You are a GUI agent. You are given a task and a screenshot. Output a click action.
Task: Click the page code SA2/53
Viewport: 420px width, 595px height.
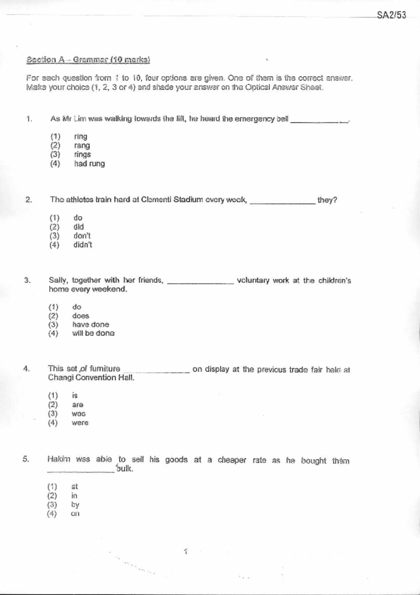[391, 15]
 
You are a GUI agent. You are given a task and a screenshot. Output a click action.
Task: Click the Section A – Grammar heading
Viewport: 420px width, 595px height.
[88, 60]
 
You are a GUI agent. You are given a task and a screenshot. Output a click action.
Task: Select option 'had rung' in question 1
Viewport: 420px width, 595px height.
[89, 164]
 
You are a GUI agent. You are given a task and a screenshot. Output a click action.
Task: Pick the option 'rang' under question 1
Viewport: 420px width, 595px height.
[82, 146]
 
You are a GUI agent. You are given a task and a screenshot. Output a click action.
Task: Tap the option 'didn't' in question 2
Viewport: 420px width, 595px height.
[83, 245]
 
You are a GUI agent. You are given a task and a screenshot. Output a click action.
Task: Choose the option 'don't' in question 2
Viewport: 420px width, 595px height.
[82, 236]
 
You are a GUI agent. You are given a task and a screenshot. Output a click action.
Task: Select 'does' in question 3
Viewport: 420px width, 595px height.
[81, 316]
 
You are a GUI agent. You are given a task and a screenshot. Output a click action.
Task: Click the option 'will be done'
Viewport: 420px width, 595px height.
[93, 333]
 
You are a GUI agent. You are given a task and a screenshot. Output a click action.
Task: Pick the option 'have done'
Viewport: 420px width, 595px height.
[91, 325]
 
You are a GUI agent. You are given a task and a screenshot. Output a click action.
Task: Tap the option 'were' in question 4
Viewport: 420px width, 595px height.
[80, 423]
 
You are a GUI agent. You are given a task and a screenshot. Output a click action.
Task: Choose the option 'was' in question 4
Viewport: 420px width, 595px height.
[79, 414]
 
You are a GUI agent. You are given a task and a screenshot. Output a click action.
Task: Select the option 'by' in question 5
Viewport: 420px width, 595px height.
[75, 505]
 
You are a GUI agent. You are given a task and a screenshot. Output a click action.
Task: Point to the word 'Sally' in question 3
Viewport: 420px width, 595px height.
[58, 280]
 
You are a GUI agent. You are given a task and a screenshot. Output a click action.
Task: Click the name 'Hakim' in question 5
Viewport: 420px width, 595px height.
[59, 459]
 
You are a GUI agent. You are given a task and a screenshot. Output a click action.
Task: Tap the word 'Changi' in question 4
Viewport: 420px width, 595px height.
[60, 378]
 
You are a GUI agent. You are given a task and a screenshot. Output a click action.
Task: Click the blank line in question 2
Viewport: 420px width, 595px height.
[283, 203]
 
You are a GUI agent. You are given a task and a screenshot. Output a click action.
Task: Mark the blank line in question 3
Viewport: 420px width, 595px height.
[200, 283]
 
